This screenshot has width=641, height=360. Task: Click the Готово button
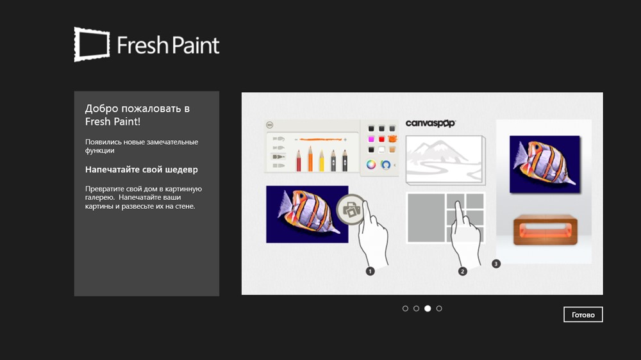(x=583, y=315)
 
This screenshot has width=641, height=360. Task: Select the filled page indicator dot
(x=428, y=309)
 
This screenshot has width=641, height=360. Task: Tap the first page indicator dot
(x=405, y=309)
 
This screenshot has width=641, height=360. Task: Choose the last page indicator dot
(x=439, y=309)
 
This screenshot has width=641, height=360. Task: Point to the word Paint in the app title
(x=194, y=45)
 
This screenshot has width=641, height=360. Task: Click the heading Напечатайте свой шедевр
(x=142, y=170)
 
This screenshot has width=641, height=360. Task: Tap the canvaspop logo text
(x=431, y=124)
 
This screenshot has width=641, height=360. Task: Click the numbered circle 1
(x=370, y=271)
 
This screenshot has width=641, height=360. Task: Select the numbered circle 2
(x=462, y=272)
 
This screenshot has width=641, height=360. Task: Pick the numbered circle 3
(x=496, y=264)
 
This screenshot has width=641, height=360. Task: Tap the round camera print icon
(x=351, y=210)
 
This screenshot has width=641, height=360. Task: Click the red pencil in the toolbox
(x=299, y=160)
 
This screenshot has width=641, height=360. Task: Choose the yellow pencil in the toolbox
(x=321, y=160)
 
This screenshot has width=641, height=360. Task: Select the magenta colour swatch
(x=371, y=140)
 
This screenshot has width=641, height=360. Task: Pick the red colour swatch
(x=381, y=140)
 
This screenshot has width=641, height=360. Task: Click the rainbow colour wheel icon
(x=370, y=165)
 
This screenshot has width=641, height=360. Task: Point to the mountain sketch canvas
(x=445, y=160)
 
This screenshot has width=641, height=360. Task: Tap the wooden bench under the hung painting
(x=545, y=230)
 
